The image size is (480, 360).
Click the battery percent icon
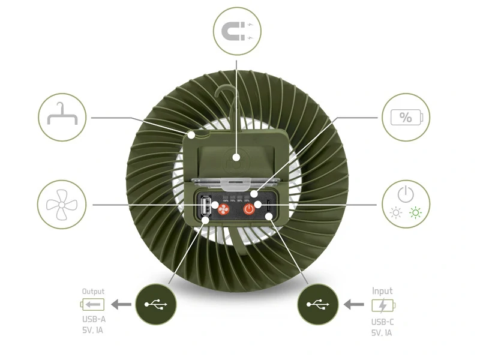pos(406,117)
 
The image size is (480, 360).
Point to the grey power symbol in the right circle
pos(406,194)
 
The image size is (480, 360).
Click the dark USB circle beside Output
pos(157,304)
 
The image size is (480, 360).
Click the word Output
pos(93,292)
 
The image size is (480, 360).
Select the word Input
pos(382,291)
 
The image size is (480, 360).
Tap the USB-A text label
pos(94,320)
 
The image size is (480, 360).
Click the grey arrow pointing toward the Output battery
pos(122,305)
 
